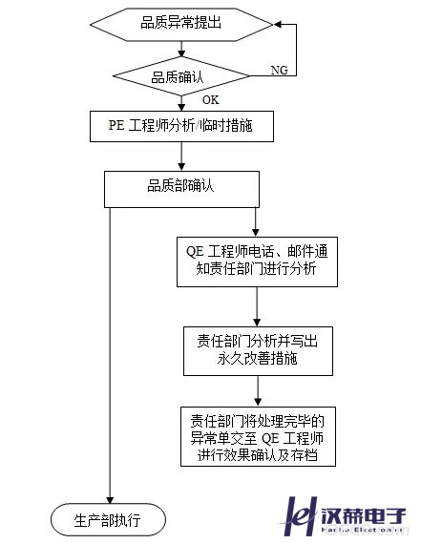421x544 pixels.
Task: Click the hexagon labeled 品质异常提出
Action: pos(181,25)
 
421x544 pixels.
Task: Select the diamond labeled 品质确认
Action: pos(181,76)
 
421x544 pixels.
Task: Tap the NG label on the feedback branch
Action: pos(280,70)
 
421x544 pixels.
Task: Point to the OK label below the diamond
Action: pos(211,100)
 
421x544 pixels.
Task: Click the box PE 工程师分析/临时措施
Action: pos(181,126)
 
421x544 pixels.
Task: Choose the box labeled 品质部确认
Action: pos(181,189)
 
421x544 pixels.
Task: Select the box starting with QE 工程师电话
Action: pos(257,262)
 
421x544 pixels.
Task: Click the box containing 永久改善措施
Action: pos(258,351)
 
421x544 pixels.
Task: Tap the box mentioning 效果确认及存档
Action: pos(258,436)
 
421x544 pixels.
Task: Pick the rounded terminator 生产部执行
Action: pos(108,520)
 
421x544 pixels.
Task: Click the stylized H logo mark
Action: pos(299,516)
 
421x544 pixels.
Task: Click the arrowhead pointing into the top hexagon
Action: pos(278,24)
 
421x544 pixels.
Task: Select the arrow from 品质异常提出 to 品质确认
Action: pos(181,49)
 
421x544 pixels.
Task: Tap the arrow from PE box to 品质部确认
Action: pos(181,157)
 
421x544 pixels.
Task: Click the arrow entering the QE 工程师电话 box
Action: pos(256,222)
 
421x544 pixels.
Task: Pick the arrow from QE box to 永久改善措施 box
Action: pos(257,306)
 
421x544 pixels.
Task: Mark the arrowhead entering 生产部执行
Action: pos(110,500)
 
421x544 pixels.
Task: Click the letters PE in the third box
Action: pos(116,125)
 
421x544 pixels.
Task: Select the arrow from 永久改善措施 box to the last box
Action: pos(258,391)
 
